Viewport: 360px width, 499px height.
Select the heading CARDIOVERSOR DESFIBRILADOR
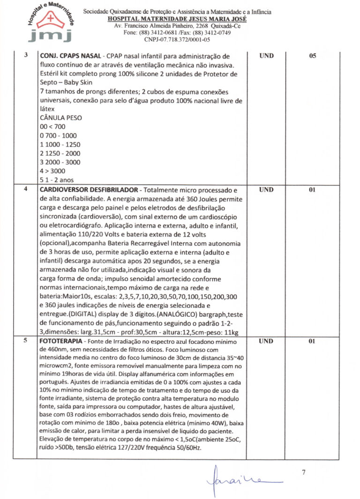point(89,190)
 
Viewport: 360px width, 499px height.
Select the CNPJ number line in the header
point(177,40)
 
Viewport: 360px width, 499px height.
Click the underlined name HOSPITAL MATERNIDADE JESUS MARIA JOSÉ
point(177,18)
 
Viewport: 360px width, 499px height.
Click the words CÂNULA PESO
point(60,118)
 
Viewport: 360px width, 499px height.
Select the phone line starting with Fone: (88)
point(177,33)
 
